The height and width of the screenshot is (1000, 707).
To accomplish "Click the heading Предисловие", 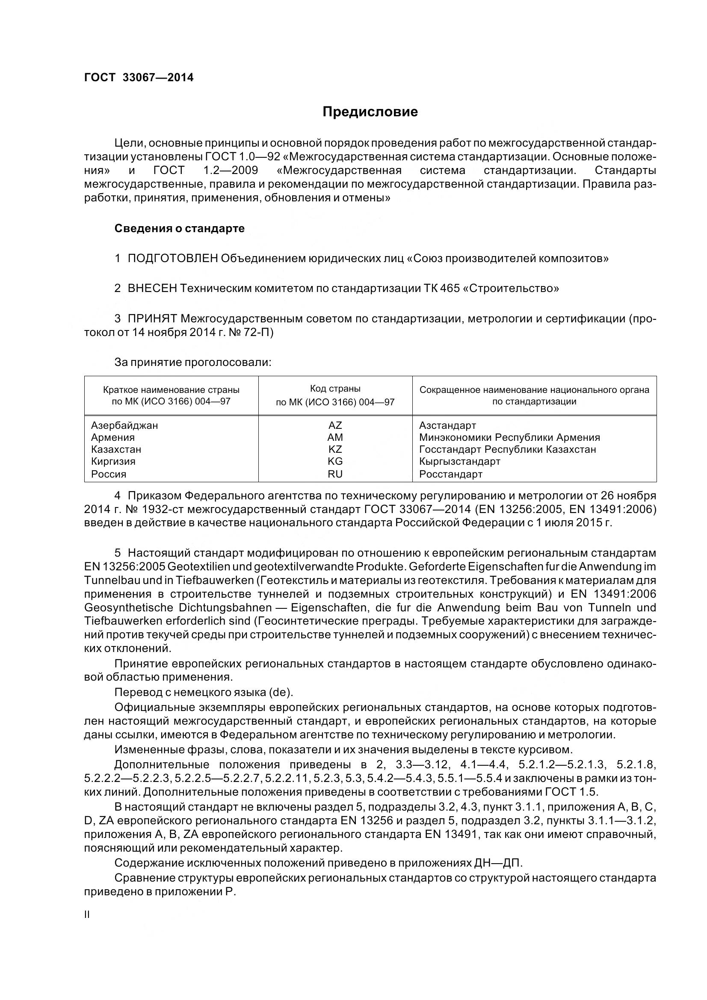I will coord(370,112).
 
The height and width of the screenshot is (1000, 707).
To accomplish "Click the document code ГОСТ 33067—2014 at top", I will coord(139,77).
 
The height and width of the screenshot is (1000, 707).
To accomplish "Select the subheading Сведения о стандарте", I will coord(180,228).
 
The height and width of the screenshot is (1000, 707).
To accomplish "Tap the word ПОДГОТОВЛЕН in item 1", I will coord(172,258).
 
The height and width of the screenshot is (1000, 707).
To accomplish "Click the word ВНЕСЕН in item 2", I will coord(152,288).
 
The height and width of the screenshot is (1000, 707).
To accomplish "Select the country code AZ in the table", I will coord(335,425).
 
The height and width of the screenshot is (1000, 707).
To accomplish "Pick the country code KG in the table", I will coord(335,461).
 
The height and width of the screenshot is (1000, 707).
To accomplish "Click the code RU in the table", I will coord(335,474).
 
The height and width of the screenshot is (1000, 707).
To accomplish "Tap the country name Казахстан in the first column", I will coord(116,449).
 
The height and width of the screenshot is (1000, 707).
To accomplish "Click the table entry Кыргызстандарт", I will coord(460,461).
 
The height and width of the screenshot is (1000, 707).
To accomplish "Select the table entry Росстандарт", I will coord(451,474).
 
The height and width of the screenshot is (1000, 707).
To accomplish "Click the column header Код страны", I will coord(335,389).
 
